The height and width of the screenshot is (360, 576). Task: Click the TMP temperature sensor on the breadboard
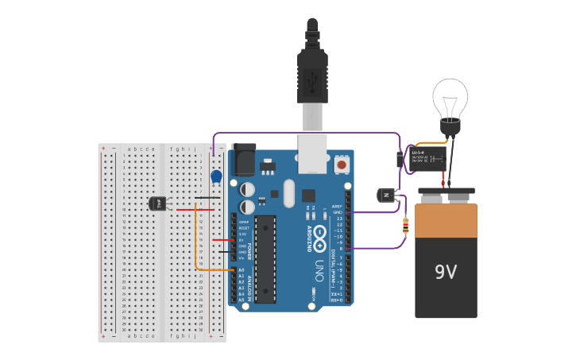point(157,203)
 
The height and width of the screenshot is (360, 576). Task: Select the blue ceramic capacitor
point(216,176)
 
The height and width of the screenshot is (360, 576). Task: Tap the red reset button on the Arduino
point(342,165)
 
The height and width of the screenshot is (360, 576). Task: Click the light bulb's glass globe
point(450,97)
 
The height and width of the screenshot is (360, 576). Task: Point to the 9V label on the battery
point(446,273)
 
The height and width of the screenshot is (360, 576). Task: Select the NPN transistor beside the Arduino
point(386,195)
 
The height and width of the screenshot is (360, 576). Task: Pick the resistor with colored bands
point(406,227)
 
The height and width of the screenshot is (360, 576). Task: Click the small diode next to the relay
point(399,159)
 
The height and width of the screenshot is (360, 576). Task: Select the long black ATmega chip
point(265,258)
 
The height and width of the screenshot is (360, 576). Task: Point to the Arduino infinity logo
point(320,236)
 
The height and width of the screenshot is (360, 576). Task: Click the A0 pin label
point(241,270)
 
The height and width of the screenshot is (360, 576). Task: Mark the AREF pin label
point(337,206)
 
